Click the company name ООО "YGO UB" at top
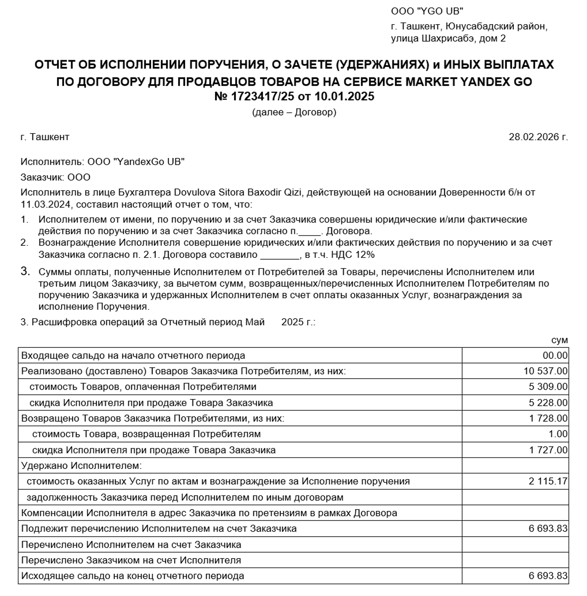coord(427,11)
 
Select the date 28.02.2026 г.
coord(538,137)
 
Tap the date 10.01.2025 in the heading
coord(344,97)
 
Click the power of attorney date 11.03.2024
coord(45,205)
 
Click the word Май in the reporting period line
coord(255,322)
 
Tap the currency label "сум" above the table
coord(559,340)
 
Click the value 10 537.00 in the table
coord(545,371)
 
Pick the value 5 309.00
coord(548,387)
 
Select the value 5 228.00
coord(548,402)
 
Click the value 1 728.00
coord(548,419)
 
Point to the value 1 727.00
coord(548,450)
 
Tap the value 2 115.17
coord(548,481)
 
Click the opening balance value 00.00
coord(555,355)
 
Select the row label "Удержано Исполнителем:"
coord(81,466)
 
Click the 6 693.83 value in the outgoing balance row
coord(548,576)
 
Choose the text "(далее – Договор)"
coord(294,113)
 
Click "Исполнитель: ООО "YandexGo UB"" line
coord(102,162)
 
